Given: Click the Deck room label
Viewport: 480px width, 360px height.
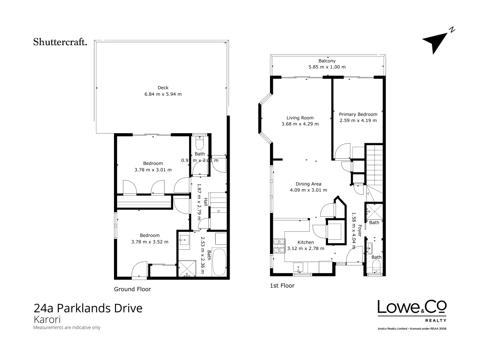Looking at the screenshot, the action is click(x=163, y=88).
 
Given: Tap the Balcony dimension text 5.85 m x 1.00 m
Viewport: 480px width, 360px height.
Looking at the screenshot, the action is click(x=327, y=67).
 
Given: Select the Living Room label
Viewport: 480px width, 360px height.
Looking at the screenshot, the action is click(x=300, y=118).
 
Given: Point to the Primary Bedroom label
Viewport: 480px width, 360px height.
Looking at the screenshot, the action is click(x=358, y=114).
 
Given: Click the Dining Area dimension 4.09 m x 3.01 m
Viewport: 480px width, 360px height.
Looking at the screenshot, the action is click(x=308, y=190).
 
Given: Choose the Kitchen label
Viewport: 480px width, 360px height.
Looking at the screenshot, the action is click(x=306, y=242).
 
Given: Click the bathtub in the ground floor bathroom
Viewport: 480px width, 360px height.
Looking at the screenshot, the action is click(x=219, y=262).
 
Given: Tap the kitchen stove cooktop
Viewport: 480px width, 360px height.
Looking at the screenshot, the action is click(x=279, y=246).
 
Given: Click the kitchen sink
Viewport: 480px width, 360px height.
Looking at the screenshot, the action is click(x=298, y=267).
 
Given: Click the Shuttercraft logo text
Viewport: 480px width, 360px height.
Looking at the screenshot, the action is click(x=60, y=42).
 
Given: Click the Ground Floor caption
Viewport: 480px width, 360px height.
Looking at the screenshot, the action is click(x=132, y=289).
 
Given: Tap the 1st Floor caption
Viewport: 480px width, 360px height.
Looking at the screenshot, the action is click(x=282, y=286).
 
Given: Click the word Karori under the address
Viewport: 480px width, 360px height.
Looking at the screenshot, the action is click(x=47, y=320).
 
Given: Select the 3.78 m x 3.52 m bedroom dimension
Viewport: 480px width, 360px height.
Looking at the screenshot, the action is click(x=150, y=242).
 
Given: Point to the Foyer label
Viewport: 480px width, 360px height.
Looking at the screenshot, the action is click(x=360, y=231).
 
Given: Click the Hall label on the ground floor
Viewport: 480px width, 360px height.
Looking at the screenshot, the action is click(x=206, y=202).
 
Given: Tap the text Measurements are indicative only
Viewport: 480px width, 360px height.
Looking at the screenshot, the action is click(x=67, y=328).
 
